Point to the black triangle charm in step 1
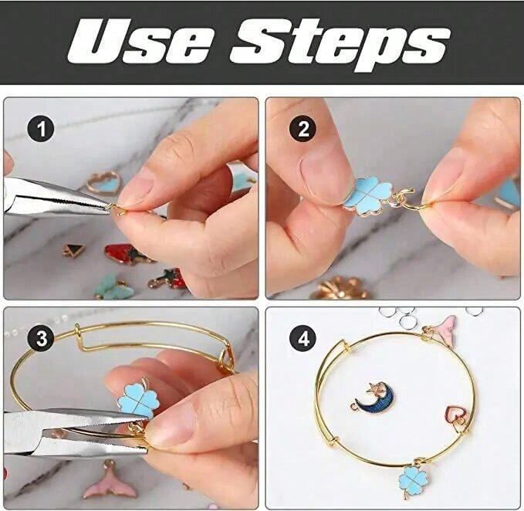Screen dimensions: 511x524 [x=74, y=250]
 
